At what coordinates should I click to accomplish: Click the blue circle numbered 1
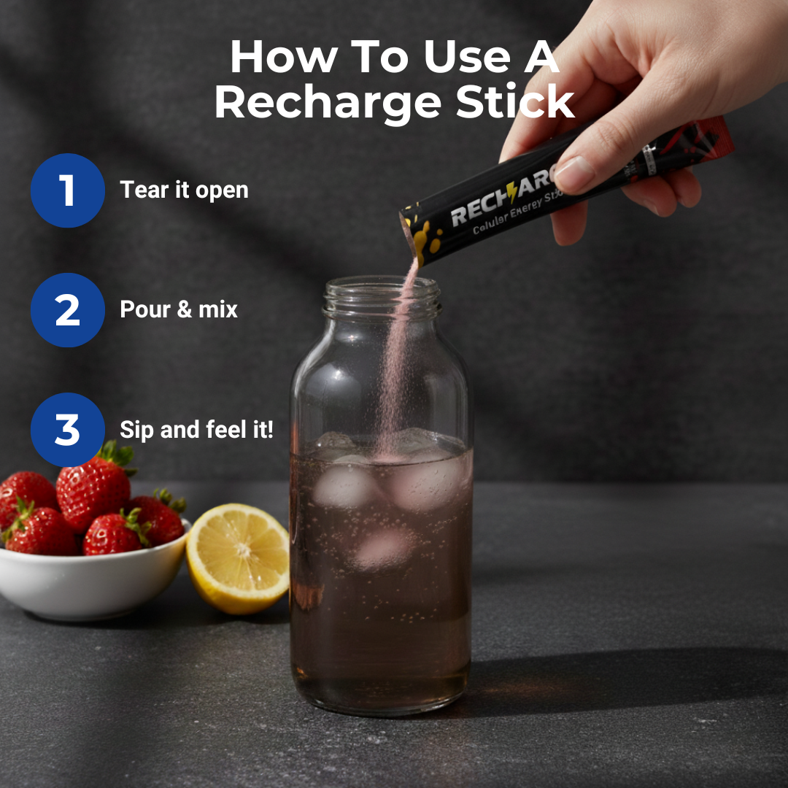[67, 190]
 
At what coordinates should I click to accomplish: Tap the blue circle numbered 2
[67, 310]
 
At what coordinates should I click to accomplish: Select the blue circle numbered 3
[67, 430]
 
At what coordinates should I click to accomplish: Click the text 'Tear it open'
[184, 190]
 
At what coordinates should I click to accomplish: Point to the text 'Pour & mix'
[179, 309]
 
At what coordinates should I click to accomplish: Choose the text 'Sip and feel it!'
[196, 430]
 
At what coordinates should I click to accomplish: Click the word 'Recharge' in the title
[328, 102]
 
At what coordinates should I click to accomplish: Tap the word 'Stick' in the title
[514, 102]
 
